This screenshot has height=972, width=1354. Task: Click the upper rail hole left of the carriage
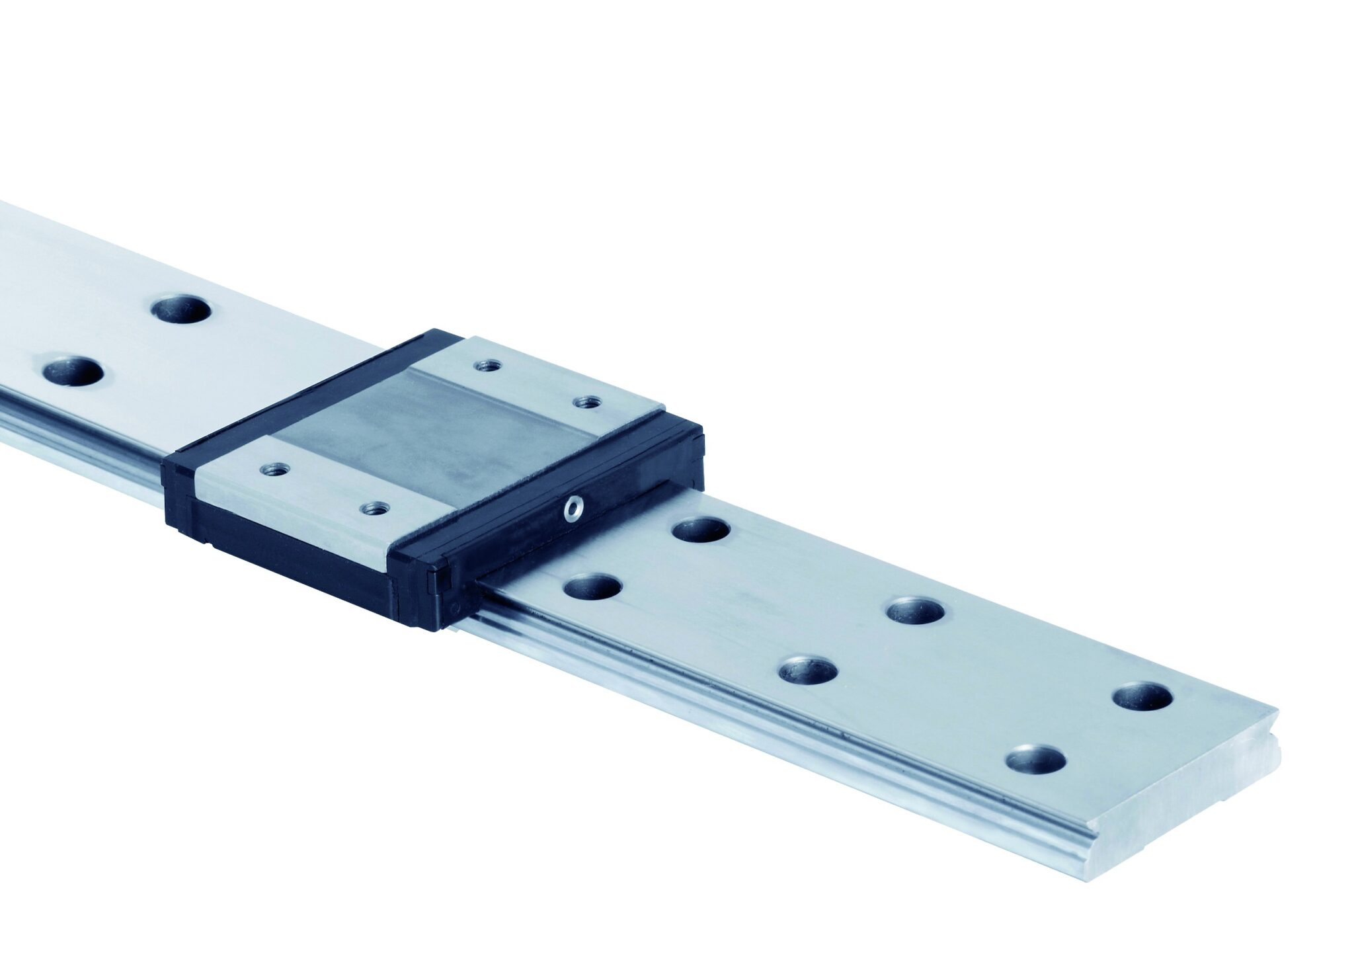pyautogui.click(x=180, y=307)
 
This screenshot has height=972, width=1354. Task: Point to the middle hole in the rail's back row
pyautogui.click(x=914, y=611)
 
